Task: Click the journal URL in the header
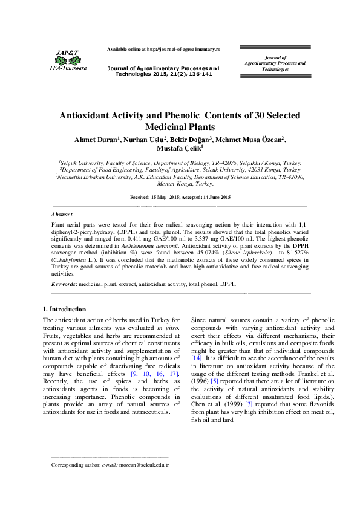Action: (184, 48)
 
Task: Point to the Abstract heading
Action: (62, 215)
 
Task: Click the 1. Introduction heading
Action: (65, 309)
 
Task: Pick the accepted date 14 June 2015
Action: (212, 198)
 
